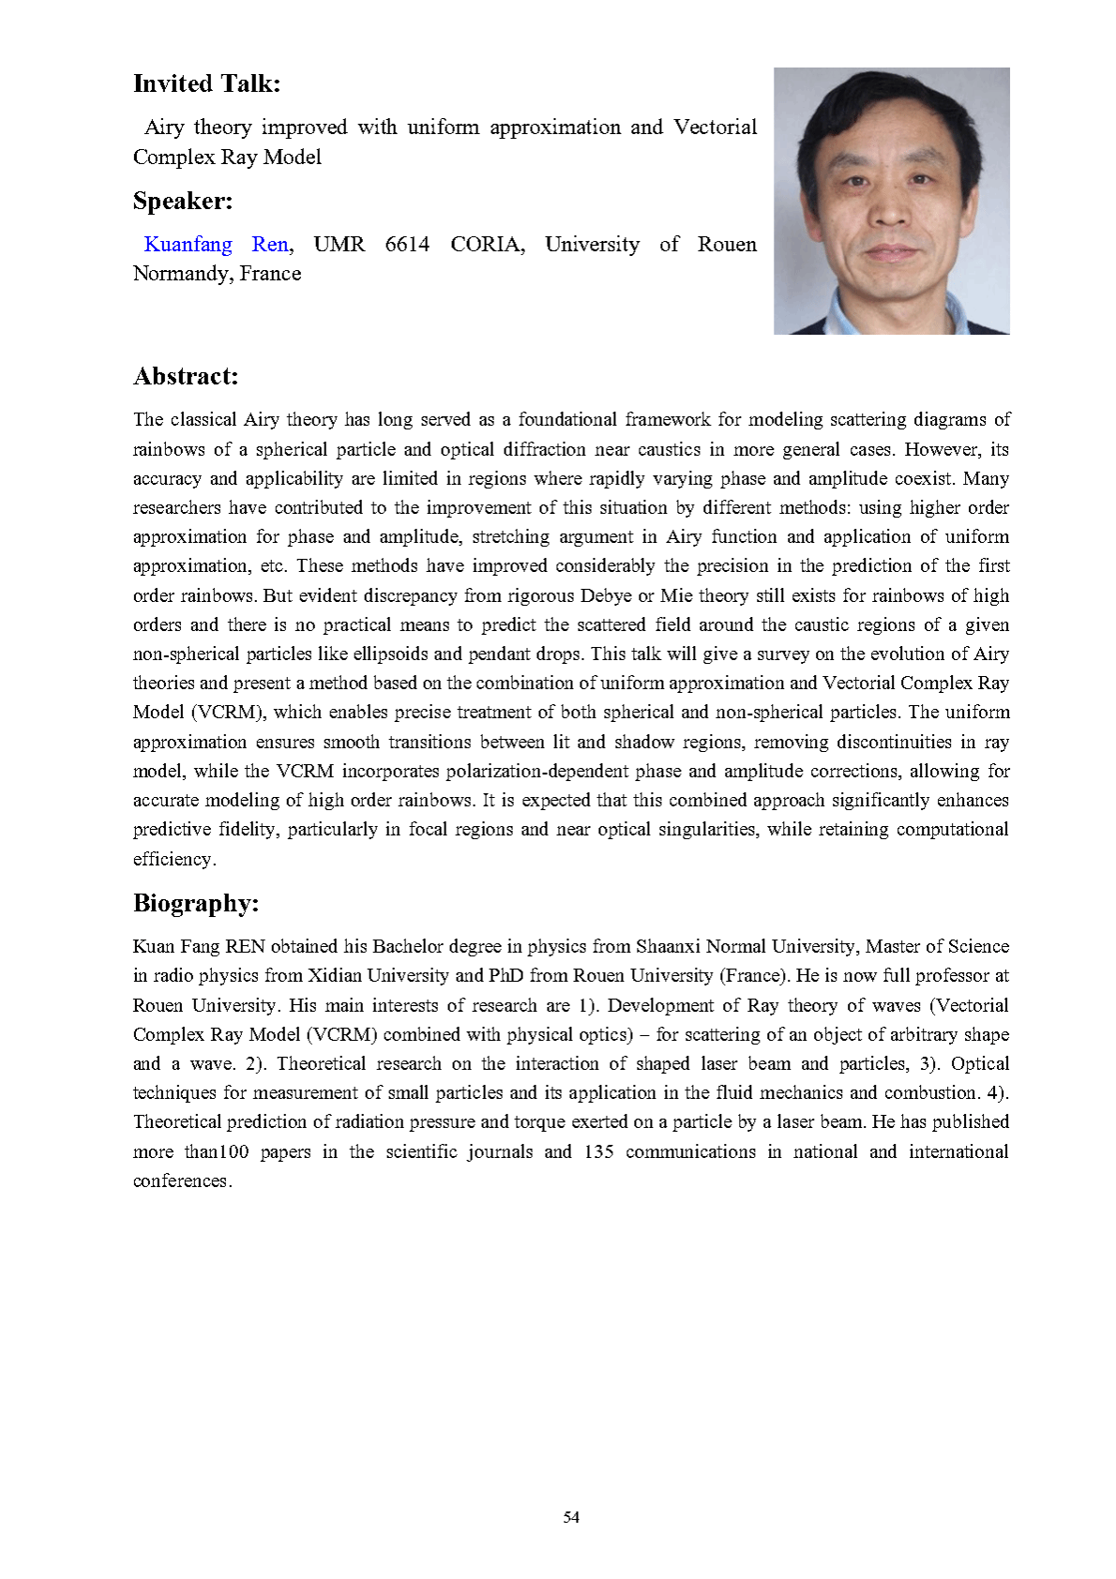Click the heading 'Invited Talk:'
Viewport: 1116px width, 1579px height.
tap(206, 84)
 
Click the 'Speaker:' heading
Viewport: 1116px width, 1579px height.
tap(182, 202)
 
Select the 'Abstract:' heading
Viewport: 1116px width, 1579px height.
tap(186, 377)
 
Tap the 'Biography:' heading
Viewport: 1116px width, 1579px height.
tap(195, 904)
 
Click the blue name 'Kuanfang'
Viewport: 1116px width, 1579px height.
tap(188, 245)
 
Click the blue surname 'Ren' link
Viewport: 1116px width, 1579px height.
tap(270, 245)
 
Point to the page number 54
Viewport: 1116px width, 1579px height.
tap(571, 1517)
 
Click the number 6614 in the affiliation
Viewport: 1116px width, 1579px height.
tap(407, 245)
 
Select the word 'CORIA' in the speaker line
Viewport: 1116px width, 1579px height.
tap(486, 245)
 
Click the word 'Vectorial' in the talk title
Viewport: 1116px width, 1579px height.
tap(715, 128)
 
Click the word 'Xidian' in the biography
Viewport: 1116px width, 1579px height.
tap(338, 975)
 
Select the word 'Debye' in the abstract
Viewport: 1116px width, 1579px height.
tap(606, 595)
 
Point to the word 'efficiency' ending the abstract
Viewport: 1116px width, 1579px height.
tap(173, 859)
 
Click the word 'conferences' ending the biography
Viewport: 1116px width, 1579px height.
tap(180, 1181)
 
